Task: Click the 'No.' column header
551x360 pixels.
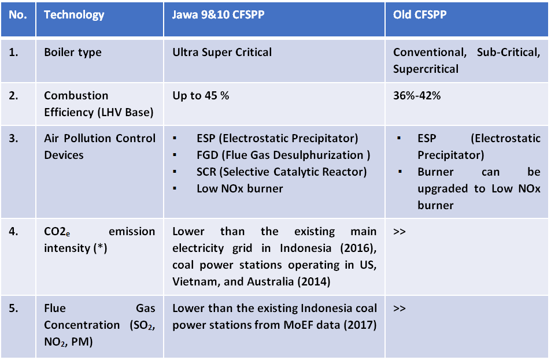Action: [x=17, y=15]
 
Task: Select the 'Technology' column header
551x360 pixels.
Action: [x=74, y=15]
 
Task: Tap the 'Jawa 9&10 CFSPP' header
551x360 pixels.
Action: [x=218, y=15]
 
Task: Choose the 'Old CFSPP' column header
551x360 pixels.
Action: [x=420, y=15]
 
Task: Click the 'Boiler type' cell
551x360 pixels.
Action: [x=73, y=53]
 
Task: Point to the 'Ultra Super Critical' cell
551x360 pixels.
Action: [x=222, y=53]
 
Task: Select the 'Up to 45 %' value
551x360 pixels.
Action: [x=201, y=95]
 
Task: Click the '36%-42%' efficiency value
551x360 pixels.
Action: [x=417, y=95]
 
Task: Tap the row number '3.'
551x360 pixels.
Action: [x=13, y=138]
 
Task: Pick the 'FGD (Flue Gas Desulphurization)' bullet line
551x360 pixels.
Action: [x=283, y=155]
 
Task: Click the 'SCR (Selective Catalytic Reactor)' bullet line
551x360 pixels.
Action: [x=282, y=172]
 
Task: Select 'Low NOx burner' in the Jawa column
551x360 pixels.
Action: [x=240, y=189]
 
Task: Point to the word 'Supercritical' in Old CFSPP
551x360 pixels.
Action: [x=426, y=69]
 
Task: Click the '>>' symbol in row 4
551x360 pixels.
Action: [x=400, y=232]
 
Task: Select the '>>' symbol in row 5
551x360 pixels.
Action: [x=400, y=309]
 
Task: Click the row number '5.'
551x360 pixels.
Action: [x=13, y=309]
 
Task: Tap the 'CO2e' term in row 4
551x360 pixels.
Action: [x=57, y=232]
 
